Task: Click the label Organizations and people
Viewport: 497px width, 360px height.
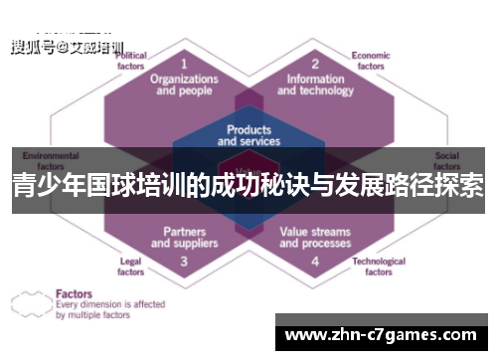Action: [184, 84]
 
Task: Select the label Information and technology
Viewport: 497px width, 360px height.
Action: [314, 84]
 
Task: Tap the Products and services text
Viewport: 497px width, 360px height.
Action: [248, 135]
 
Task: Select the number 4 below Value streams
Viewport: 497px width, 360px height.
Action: [314, 262]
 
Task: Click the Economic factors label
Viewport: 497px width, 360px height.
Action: [370, 61]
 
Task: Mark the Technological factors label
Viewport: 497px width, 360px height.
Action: [379, 266]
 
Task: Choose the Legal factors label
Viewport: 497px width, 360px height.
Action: [130, 266]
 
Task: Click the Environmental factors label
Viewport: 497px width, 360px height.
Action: [51, 161]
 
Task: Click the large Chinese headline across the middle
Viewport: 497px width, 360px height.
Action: [248, 187]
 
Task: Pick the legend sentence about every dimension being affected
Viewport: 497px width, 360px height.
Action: [110, 310]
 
